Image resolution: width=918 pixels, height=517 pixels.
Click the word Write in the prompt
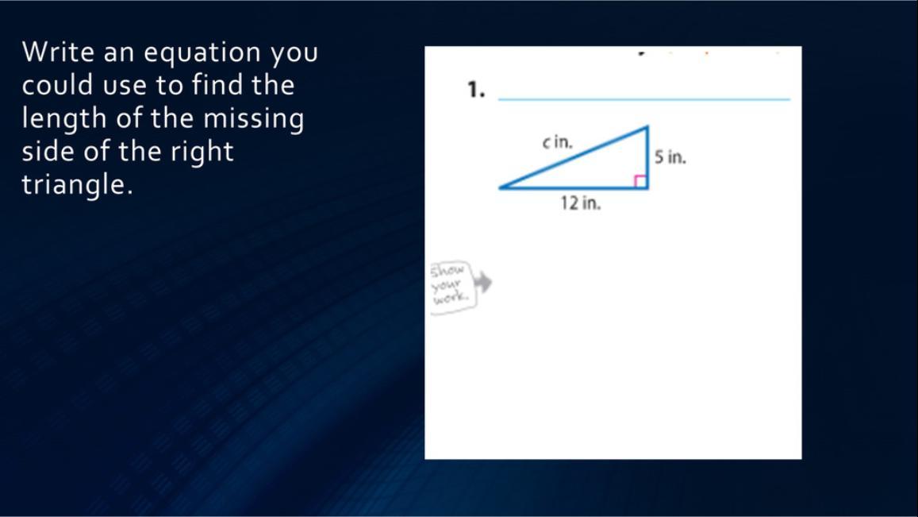coord(58,52)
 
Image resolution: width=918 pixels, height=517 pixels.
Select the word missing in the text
coord(254,119)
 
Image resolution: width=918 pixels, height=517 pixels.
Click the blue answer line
coord(644,99)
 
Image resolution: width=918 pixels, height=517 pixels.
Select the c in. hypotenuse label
coord(557,142)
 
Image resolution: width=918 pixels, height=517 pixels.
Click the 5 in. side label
coord(670,157)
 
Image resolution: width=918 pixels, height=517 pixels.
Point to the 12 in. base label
coord(581,203)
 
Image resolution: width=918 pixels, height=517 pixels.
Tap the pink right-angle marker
coord(640,182)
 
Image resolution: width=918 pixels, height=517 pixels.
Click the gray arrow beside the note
coord(483,283)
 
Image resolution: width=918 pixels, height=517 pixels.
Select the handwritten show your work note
coord(452,287)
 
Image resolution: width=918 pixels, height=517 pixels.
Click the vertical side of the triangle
coord(647,157)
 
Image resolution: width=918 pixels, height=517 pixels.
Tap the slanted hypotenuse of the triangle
coord(573,157)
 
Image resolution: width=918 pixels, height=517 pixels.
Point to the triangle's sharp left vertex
coord(499,188)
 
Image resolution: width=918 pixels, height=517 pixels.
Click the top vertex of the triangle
coord(647,126)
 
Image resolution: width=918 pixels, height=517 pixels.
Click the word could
coord(57,86)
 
